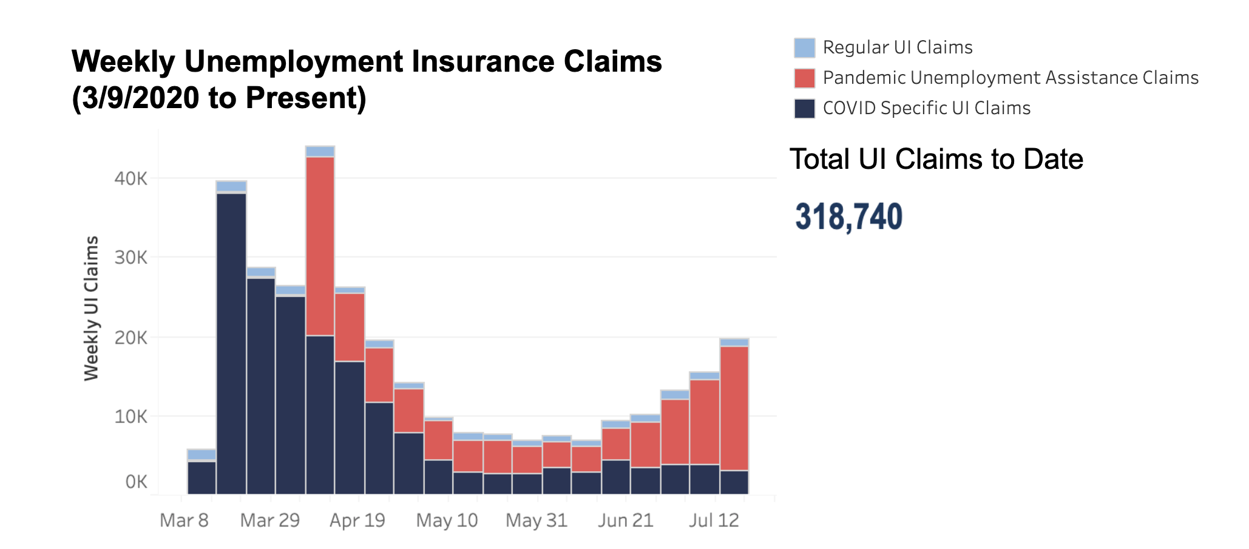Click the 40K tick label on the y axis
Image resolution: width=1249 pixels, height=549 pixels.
pyautogui.click(x=131, y=179)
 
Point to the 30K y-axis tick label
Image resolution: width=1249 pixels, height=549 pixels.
pyautogui.click(x=131, y=257)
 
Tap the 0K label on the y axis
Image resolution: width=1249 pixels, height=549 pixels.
pyautogui.click(x=136, y=482)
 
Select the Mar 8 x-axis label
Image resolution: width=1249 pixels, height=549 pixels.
pyautogui.click(x=184, y=520)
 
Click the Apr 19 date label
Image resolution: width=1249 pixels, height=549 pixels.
pyautogui.click(x=357, y=520)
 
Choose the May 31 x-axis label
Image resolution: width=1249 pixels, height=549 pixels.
pyautogui.click(x=536, y=520)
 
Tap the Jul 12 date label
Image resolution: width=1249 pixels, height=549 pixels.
pyautogui.click(x=714, y=520)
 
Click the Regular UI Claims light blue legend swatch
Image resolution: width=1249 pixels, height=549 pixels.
pyautogui.click(x=804, y=48)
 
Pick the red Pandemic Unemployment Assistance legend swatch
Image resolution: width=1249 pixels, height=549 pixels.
pyautogui.click(x=804, y=78)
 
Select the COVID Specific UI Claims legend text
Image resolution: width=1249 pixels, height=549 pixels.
pyautogui.click(x=926, y=108)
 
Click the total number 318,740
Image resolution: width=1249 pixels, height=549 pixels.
pyautogui.click(x=848, y=217)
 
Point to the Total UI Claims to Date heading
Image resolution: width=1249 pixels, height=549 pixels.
pyautogui.click(x=936, y=159)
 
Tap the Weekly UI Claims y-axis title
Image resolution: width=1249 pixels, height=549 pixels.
pyautogui.click(x=92, y=308)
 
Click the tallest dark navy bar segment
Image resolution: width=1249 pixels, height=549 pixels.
pyautogui.click(x=231, y=343)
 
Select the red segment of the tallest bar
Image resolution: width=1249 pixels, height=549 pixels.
pyautogui.click(x=320, y=246)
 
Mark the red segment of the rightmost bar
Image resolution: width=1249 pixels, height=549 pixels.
pyautogui.click(x=734, y=408)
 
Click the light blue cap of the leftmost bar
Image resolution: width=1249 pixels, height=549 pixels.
pyautogui.click(x=201, y=455)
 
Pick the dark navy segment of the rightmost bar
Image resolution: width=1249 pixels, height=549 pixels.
pyautogui.click(x=734, y=482)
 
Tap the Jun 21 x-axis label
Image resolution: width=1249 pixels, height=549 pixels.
pyautogui.click(x=625, y=520)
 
